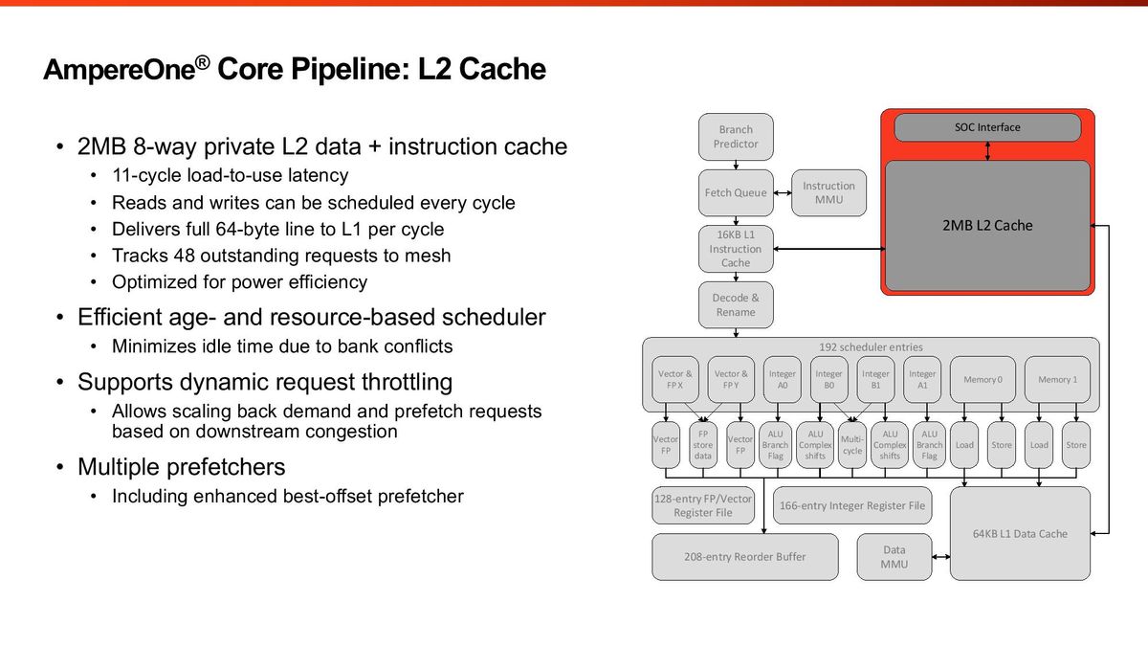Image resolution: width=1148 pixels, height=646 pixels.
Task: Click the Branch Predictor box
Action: coord(735,137)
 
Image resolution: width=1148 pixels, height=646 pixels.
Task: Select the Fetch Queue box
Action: coord(735,192)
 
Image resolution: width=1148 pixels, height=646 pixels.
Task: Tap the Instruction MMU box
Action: coord(828,192)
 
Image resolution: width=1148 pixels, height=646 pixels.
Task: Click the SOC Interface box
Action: coord(987,127)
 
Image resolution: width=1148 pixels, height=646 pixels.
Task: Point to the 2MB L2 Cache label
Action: coord(987,226)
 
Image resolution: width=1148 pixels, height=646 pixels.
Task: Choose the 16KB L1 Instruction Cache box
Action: coord(735,249)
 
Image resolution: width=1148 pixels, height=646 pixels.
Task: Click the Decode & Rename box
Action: coord(735,305)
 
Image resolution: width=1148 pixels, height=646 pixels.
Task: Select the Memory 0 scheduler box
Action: coord(982,380)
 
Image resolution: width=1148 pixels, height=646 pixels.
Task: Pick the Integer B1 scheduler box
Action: coord(875,380)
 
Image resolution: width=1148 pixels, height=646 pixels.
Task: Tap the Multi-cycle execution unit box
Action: coord(851,445)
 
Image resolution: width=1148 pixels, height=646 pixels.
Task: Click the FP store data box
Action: coord(702,445)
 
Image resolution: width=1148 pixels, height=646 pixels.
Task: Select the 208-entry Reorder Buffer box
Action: coord(744,557)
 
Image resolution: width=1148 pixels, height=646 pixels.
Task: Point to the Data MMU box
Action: coord(894,557)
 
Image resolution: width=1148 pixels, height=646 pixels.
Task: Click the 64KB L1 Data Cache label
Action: coord(1020,533)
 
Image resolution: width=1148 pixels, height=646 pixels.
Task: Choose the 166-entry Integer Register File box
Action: coord(850,505)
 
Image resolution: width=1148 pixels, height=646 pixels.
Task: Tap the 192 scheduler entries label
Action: coord(871,346)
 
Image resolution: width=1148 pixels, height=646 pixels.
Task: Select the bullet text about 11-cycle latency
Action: coord(230,176)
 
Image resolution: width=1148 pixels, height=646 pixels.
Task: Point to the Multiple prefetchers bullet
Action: coord(181,467)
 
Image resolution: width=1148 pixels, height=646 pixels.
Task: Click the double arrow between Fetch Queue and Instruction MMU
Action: coord(783,192)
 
